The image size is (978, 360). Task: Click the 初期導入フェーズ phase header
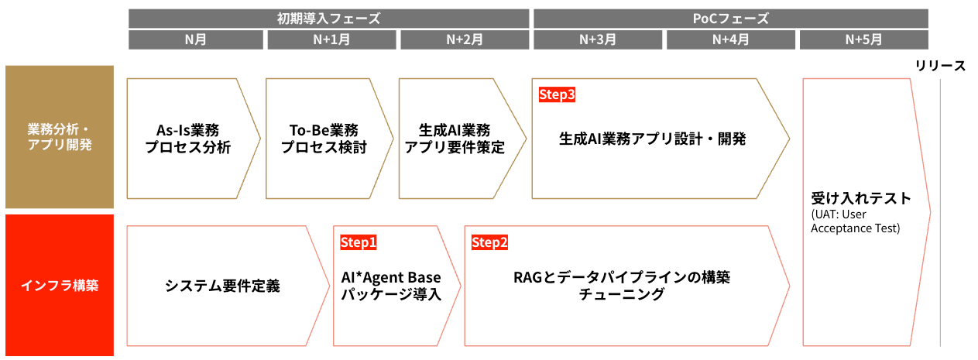coord(328,18)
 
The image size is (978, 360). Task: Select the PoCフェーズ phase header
coord(730,18)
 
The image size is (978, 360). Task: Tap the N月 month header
coord(195,39)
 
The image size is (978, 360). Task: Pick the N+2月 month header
coord(462,39)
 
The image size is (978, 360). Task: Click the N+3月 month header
coord(597,39)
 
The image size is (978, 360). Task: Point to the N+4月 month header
coord(730,39)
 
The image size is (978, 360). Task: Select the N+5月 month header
coord(863,39)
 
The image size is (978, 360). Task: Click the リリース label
coord(940,65)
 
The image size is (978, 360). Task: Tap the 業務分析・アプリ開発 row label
coord(60,137)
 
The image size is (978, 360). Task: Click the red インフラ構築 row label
coord(60,285)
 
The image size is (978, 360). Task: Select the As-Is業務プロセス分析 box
coord(188,139)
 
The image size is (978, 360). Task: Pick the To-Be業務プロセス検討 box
coord(324,139)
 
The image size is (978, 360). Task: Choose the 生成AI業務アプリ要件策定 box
coord(455,139)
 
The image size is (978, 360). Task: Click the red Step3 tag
coord(557,94)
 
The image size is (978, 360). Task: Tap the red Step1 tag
coord(359,242)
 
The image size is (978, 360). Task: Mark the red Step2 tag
coord(489,242)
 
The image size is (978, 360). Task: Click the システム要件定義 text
coord(222,286)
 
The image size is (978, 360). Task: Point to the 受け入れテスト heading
coord(860,198)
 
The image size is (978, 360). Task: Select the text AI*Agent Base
coord(391,277)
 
